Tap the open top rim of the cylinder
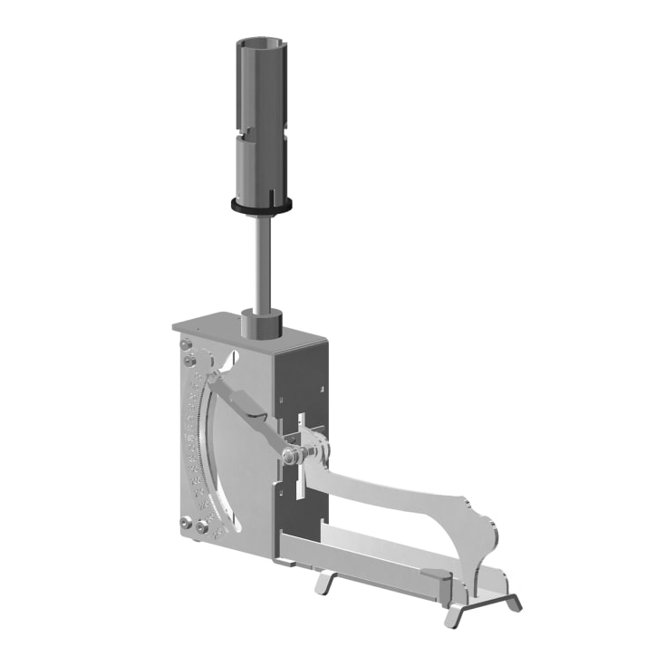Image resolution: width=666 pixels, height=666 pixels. coord(261,43)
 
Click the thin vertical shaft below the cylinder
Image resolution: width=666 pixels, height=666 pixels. coord(262,263)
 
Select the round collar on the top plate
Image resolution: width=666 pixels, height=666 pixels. coord(262,322)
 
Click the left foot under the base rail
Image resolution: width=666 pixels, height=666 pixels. coord(324,579)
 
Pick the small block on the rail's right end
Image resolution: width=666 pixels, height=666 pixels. coord(434,575)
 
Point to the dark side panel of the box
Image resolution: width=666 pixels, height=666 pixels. coord(304,381)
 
